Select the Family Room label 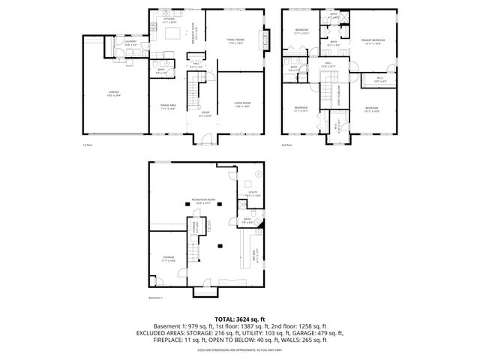pyautogui.click(x=236, y=40)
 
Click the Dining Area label pyautogui.click(x=168, y=106)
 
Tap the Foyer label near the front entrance pyautogui.click(x=204, y=115)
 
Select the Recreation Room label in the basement pyautogui.click(x=203, y=199)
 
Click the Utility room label pyautogui.click(x=253, y=193)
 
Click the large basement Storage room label pyautogui.click(x=168, y=259)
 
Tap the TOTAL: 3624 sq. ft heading pyautogui.click(x=239, y=318)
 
